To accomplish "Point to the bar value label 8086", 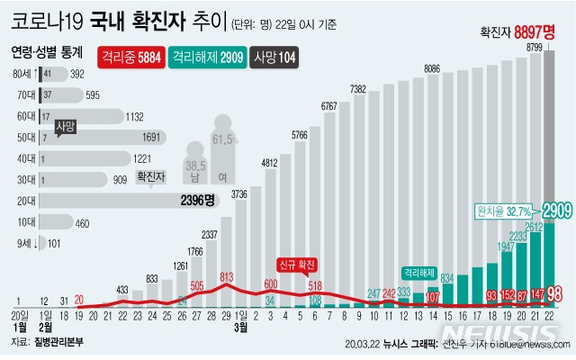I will [432, 68].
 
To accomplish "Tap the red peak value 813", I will [226, 277].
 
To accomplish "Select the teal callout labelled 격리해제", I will [419, 270].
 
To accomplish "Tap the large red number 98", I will [555, 293].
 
